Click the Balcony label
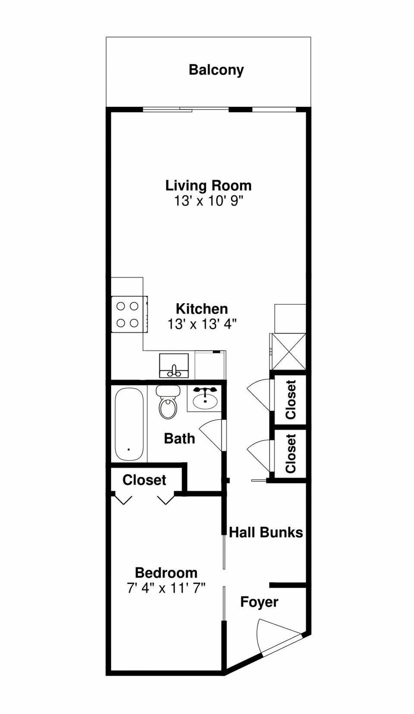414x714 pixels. click(x=216, y=70)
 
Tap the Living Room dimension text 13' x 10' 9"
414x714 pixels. click(x=209, y=201)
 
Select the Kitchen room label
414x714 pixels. click(x=202, y=309)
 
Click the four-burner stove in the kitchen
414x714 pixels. click(x=129, y=314)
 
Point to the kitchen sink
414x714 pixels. click(x=174, y=366)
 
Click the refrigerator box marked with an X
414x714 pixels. click(x=288, y=351)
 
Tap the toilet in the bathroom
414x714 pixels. click(x=168, y=404)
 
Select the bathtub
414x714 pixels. click(x=129, y=425)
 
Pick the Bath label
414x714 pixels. click(x=179, y=438)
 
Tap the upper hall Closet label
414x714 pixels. click(x=291, y=400)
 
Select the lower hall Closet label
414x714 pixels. click(x=291, y=454)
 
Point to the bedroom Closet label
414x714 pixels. click(x=144, y=480)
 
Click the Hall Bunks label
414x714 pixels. click(x=266, y=532)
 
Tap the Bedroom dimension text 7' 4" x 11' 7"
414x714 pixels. click(x=166, y=588)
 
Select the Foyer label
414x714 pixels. click(x=259, y=602)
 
